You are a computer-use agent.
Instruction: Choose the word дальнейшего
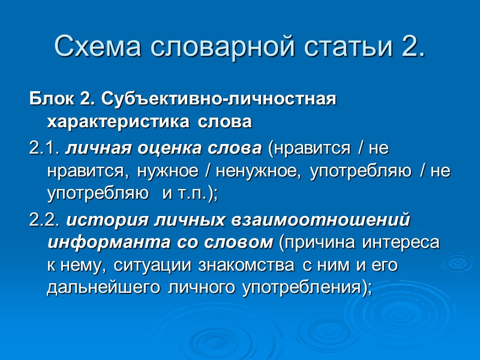click(x=100, y=289)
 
